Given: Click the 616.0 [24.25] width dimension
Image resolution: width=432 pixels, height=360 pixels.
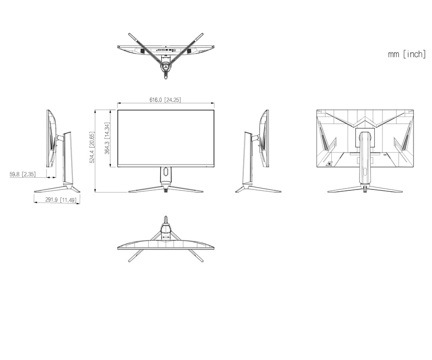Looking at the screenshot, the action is [x=165, y=100].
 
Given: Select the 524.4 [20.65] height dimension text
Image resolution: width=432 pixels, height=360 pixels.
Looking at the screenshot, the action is [x=92, y=147].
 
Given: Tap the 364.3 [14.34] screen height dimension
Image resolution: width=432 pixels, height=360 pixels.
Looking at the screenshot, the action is [x=107, y=138].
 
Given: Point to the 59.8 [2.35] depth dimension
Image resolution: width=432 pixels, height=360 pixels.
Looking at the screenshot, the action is [x=22, y=174].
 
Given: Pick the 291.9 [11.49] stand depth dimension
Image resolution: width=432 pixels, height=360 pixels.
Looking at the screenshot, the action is [x=61, y=199].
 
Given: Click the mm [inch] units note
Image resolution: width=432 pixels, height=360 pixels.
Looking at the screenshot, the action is [x=407, y=54].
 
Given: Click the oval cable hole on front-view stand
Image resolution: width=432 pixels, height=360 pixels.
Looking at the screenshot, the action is [x=166, y=171].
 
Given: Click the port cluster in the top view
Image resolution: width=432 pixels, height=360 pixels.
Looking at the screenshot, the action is [x=166, y=50].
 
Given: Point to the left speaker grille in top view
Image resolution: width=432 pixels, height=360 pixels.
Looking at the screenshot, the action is [x=142, y=51].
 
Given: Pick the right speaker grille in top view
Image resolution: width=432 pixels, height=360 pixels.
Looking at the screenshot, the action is [x=189, y=51].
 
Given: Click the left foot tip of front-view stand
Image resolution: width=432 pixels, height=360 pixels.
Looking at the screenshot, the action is [x=129, y=191].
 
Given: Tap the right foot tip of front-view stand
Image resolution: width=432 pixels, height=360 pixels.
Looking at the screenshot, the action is [x=202, y=191].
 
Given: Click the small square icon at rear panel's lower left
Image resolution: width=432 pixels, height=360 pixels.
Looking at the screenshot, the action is [x=328, y=164].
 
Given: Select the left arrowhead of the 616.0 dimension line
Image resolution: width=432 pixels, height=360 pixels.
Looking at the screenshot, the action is [x=119, y=103].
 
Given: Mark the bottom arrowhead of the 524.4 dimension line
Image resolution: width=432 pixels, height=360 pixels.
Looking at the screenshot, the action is [x=95, y=190].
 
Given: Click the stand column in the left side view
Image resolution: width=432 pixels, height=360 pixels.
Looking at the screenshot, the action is [x=68, y=158].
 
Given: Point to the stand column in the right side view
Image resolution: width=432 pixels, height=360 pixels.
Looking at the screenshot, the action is [x=247, y=158].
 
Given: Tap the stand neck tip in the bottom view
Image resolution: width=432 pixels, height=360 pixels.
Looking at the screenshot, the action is [x=166, y=217].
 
